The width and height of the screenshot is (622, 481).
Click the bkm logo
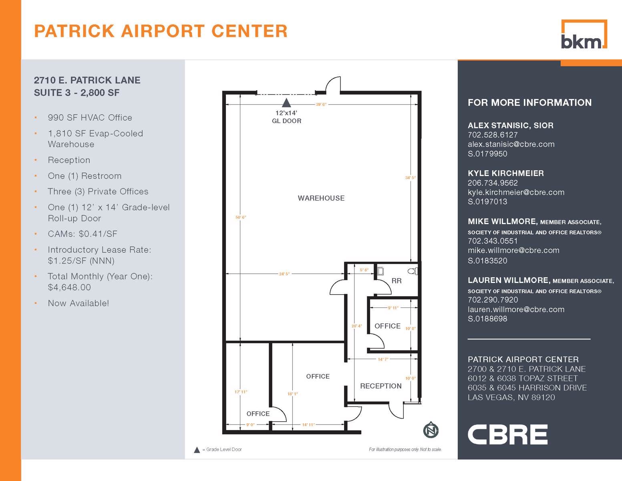[584, 35]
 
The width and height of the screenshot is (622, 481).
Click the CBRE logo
[507, 435]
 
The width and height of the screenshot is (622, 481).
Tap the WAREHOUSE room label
[321, 198]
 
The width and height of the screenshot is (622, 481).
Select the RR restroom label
[397, 281]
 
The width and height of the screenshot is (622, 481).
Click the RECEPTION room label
[380, 386]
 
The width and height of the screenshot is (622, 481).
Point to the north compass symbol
[431, 430]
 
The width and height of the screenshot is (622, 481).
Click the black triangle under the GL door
[286, 103]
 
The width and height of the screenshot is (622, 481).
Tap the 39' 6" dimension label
[321, 105]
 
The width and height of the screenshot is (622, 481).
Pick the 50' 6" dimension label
[241, 217]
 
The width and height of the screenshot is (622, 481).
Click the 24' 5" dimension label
[284, 274]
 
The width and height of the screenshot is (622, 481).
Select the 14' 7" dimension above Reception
[383, 359]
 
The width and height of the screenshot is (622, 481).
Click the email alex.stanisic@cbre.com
[511, 144]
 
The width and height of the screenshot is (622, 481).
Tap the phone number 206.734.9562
[493, 183]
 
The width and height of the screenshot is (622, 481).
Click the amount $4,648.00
[69, 287]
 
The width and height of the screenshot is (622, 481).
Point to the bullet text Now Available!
[78, 303]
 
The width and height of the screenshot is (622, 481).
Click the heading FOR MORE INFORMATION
[529, 103]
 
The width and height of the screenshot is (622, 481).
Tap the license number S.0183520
[487, 261]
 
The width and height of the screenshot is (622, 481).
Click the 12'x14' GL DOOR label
[286, 117]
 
